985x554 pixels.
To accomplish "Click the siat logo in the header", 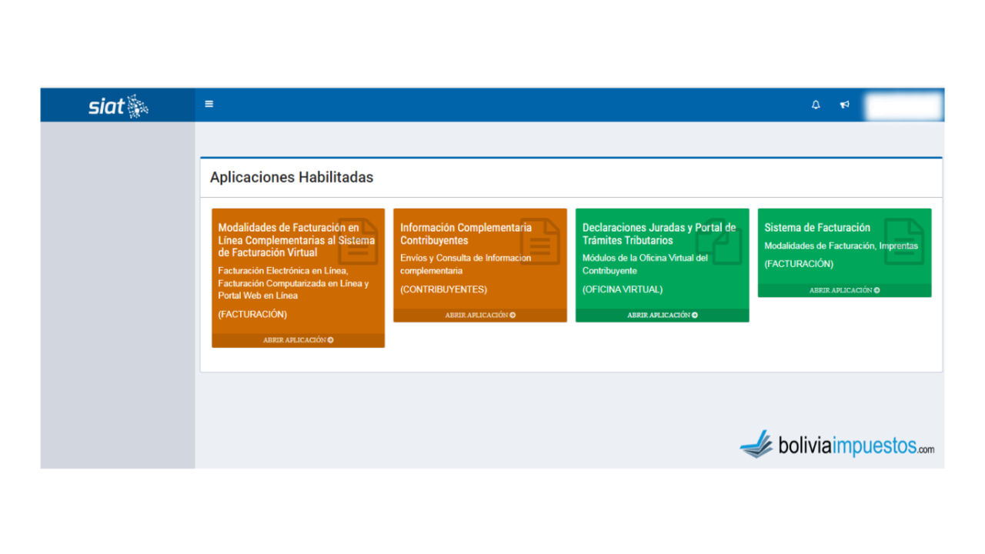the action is (119, 106).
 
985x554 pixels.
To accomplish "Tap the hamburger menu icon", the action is (209, 104).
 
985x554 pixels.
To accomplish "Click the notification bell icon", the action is (816, 105).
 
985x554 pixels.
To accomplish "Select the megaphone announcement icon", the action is (845, 105).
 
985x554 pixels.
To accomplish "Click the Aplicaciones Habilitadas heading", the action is (292, 177).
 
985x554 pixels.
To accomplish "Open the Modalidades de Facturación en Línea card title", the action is (296, 240).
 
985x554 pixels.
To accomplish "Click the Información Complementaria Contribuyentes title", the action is (466, 234).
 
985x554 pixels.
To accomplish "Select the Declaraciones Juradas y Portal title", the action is (659, 234).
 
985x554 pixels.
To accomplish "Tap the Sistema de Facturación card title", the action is (817, 228).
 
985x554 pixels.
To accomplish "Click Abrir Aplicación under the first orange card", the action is (298, 340).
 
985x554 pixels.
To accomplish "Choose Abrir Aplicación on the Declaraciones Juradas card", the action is (663, 315).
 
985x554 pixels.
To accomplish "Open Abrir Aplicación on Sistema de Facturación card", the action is (844, 290).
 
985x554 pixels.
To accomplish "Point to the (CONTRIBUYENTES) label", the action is (444, 289).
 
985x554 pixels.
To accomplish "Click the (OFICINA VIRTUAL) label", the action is (623, 289).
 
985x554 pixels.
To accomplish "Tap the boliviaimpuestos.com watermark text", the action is (856, 446).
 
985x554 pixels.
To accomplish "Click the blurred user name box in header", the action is (903, 105).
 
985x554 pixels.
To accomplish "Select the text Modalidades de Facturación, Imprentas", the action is (841, 245).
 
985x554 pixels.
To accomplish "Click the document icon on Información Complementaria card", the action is (540, 241).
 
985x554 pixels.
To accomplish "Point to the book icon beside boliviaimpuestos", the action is (757, 444).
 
